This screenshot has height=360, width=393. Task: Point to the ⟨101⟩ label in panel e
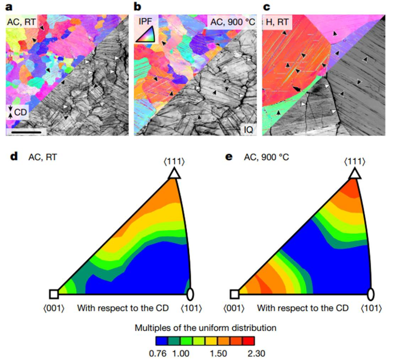(371, 308)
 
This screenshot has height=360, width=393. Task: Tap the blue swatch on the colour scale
(162, 340)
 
